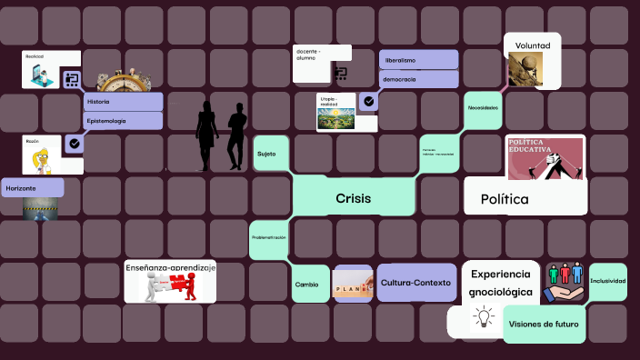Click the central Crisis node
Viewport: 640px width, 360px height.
[x=353, y=198]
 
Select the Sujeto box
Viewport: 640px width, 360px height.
[x=267, y=154]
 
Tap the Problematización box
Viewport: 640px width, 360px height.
[x=269, y=237]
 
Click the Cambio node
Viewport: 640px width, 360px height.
[x=307, y=284]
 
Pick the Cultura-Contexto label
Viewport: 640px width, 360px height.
[x=415, y=283]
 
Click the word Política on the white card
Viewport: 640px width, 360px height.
[x=505, y=198]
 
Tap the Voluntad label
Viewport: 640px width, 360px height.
[x=533, y=45]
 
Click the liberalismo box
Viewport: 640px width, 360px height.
[x=418, y=60]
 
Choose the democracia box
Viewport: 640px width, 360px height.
[x=418, y=80]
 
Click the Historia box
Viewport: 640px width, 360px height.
[x=123, y=101]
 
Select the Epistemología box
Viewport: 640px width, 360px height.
[x=123, y=120]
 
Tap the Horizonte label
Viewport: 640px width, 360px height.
[x=33, y=187]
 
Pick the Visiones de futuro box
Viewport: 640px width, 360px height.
[x=545, y=324]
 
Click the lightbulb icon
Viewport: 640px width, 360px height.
[x=483, y=317]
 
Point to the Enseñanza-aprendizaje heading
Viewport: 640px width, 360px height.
[x=171, y=267]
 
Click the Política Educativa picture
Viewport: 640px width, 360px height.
[x=545, y=158]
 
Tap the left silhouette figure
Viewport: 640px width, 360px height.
[x=207, y=135]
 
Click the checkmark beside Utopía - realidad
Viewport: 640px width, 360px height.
[x=368, y=102]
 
